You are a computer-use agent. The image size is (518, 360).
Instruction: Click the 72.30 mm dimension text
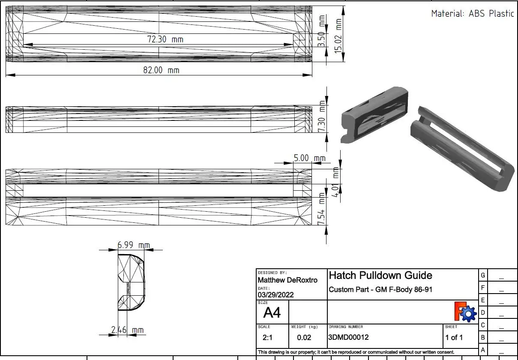(x=165, y=39)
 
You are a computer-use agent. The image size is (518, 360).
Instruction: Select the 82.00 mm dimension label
(x=161, y=70)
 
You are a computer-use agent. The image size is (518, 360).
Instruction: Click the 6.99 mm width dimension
(x=134, y=245)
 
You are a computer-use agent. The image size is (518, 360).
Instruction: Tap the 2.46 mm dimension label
(x=128, y=330)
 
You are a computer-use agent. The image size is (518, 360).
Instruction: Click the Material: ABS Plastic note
(x=472, y=13)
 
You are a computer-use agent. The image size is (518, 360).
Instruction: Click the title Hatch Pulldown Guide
(x=380, y=275)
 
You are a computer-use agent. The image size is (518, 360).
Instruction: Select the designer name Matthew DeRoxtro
(x=287, y=280)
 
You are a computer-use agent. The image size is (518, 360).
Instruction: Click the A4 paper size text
(x=272, y=313)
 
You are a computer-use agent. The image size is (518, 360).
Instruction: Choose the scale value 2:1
(x=267, y=338)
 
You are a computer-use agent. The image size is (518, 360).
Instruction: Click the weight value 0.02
(x=304, y=338)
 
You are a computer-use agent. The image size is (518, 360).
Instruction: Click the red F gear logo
(x=465, y=312)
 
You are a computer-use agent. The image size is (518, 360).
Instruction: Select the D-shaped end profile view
(x=131, y=282)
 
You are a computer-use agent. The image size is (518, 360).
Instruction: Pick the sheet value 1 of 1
(x=454, y=338)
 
